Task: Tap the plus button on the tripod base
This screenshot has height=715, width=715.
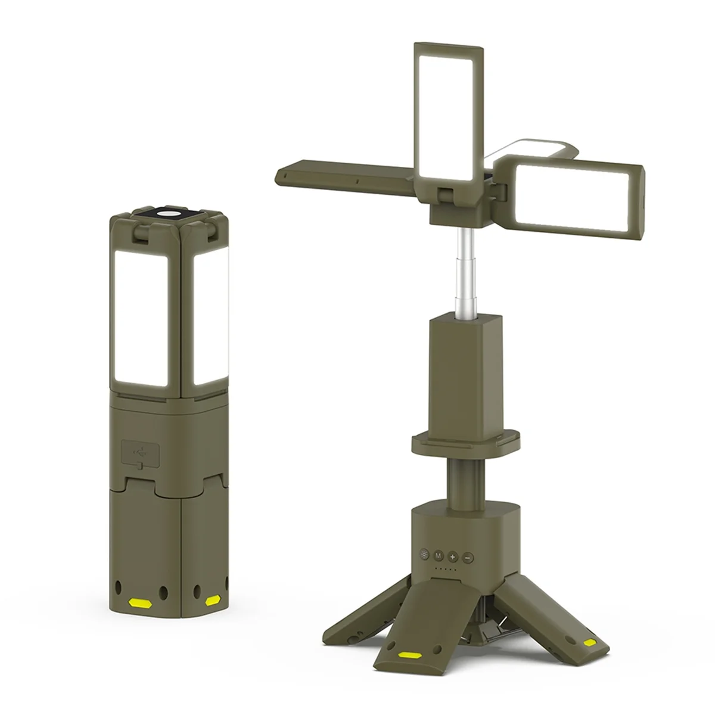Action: (x=452, y=557)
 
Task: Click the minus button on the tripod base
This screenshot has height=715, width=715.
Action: (x=467, y=557)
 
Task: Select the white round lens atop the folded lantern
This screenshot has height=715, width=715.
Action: (x=170, y=213)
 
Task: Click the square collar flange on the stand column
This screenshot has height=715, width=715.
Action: (x=466, y=441)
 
